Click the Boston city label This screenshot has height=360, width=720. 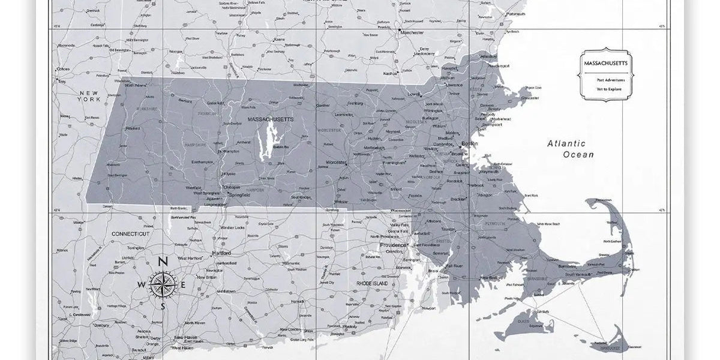click(x=469, y=144)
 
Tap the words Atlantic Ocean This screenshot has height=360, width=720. click(x=571, y=149)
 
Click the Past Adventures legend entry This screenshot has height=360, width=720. click(x=610, y=80)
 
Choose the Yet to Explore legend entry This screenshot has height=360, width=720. click(x=608, y=89)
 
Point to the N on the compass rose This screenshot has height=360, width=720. click(x=162, y=262)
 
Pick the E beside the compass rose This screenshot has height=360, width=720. click(x=184, y=284)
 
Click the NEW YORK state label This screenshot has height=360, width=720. click(x=89, y=96)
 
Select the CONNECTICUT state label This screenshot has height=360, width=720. click(x=130, y=233)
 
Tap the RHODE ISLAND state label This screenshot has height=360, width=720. click(x=373, y=283)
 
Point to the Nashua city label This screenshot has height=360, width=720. click(x=390, y=73)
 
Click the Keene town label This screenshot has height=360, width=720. click(x=279, y=40)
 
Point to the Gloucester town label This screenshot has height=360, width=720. click(x=530, y=97)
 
